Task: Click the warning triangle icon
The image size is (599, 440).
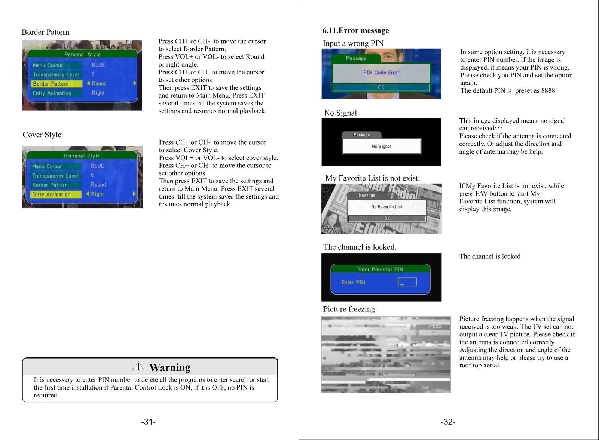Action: (x=138, y=366)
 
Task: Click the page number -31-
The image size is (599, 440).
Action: (x=149, y=422)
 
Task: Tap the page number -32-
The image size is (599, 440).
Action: (x=448, y=422)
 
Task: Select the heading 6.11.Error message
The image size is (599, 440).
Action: (x=356, y=30)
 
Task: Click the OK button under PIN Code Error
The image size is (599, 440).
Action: (x=381, y=87)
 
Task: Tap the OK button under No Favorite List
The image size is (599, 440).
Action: (x=387, y=219)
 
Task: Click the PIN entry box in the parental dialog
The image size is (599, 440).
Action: (x=407, y=282)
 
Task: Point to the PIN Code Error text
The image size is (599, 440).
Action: (x=381, y=73)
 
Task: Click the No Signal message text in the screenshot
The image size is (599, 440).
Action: (x=381, y=147)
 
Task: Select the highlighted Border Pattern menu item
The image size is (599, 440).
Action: (x=56, y=84)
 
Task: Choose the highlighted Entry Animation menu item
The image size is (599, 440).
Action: (x=56, y=194)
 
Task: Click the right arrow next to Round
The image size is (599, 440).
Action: (x=135, y=83)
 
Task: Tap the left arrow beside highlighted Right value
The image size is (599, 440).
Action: (x=88, y=194)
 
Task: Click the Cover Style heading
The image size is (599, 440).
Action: (x=42, y=135)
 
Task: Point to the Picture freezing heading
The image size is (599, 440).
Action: (x=349, y=309)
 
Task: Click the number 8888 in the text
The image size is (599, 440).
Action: (x=549, y=90)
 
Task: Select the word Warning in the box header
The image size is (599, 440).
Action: (x=170, y=367)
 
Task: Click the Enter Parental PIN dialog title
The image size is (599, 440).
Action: (x=380, y=269)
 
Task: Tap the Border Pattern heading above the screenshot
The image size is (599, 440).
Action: (x=46, y=32)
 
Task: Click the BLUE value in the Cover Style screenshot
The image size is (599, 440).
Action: (x=97, y=166)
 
